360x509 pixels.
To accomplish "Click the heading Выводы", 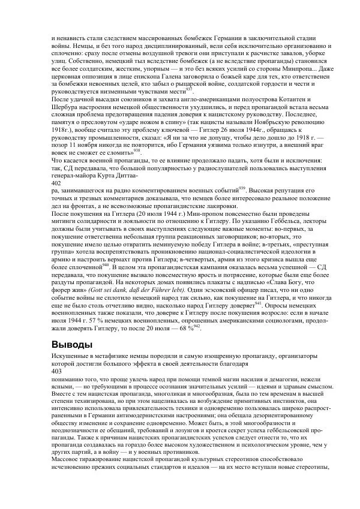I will point(73,344).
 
